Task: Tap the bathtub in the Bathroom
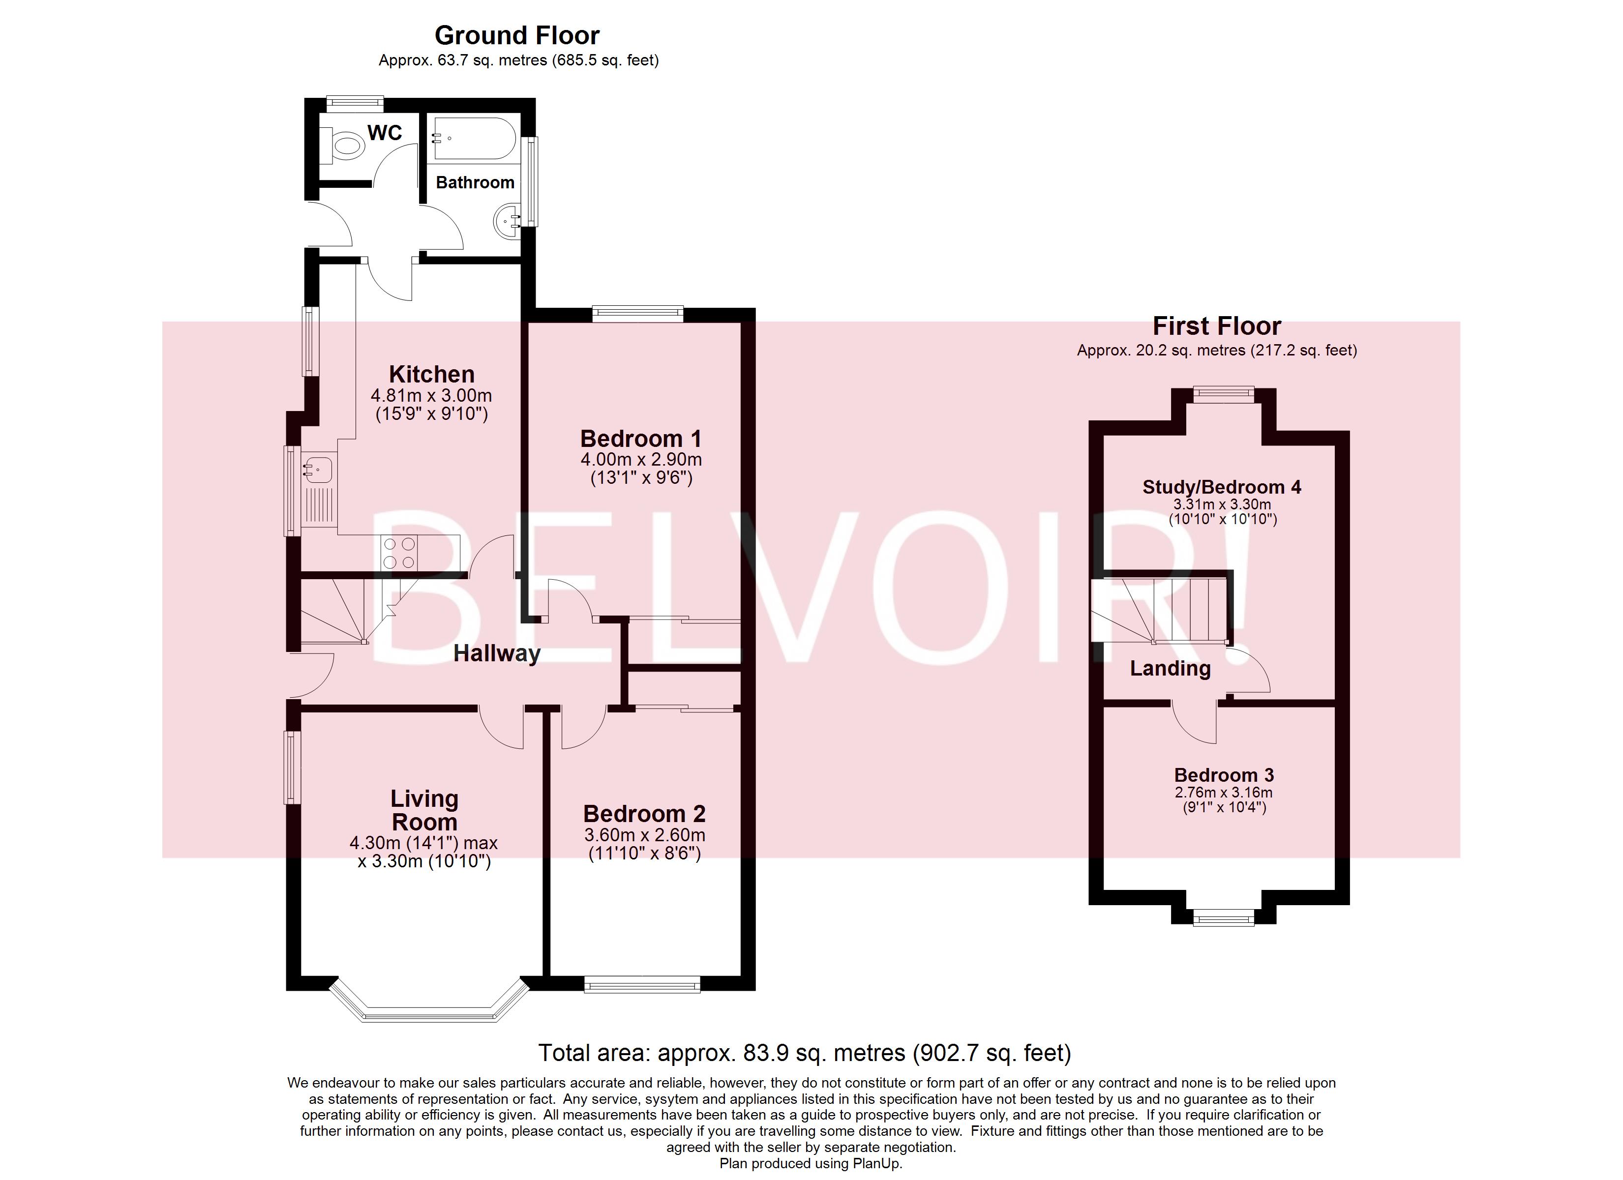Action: [x=473, y=139]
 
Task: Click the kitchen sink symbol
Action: [x=318, y=470]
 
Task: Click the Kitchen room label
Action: [x=431, y=374]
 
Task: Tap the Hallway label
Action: [x=497, y=653]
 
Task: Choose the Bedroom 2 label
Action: [x=644, y=814]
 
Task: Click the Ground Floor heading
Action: [x=517, y=35]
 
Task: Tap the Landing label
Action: [x=1170, y=668]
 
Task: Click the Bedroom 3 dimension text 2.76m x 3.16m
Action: [x=1223, y=792]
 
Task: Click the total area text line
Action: [x=804, y=1053]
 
